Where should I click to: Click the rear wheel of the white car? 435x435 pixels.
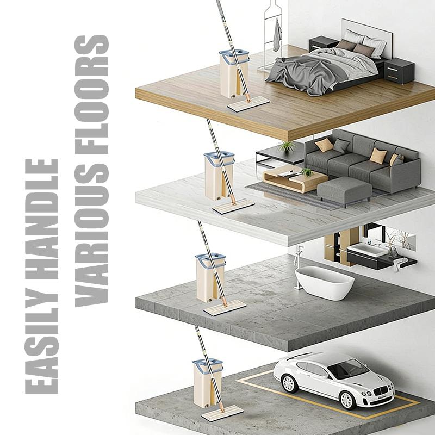pyautogui.click(x=289, y=383)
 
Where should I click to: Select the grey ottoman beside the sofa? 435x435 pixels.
pyautogui.click(x=344, y=191)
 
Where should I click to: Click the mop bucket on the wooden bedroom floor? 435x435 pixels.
pyautogui.click(x=234, y=74)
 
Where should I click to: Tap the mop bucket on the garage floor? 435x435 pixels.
pyautogui.click(x=208, y=383)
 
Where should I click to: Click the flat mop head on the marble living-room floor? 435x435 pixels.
pyautogui.click(x=234, y=207)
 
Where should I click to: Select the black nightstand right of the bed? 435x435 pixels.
pyautogui.click(x=399, y=71)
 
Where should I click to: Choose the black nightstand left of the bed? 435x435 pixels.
pyautogui.click(x=323, y=44)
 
